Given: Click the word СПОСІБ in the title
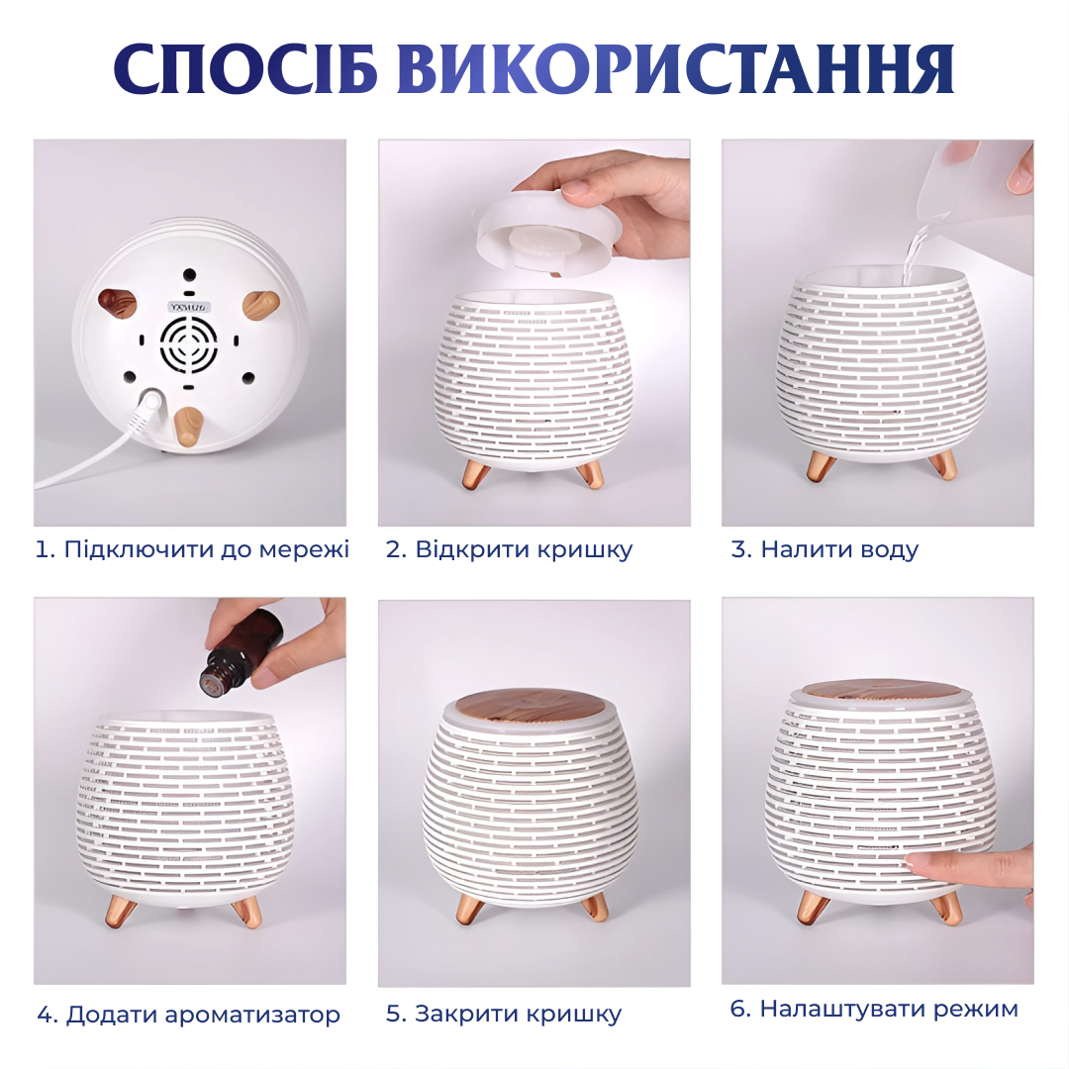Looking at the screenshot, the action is pyautogui.click(x=245, y=69).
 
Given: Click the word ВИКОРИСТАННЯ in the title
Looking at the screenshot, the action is pyautogui.click(x=675, y=69).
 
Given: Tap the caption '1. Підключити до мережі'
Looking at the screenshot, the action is pyautogui.click(x=192, y=549).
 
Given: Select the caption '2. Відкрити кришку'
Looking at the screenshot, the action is pyautogui.click(x=509, y=549).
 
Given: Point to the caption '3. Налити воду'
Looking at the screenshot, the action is pyautogui.click(x=825, y=549).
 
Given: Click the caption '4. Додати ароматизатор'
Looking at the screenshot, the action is pyautogui.click(x=189, y=1015).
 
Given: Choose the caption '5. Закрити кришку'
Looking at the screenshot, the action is pyautogui.click(x=504, y=1014).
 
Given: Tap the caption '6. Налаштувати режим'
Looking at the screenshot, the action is pyautogui.click(x=874, y=1009).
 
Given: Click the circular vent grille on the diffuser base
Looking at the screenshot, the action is pyautogui.click(x=189, y=345).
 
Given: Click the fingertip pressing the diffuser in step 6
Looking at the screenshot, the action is pyautogui.click(x=923, y=865).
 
